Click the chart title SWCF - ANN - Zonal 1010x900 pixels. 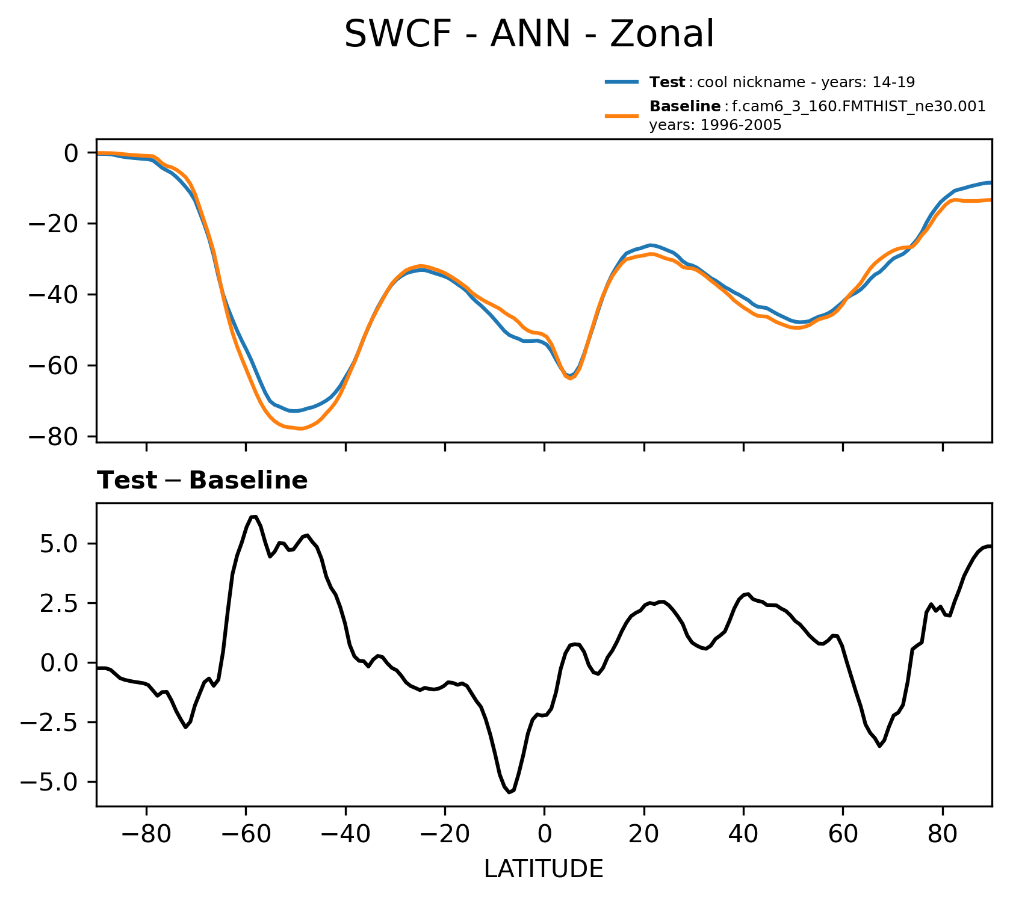pyautogui.click(x=529, y=34)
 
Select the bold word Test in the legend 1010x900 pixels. pyautogui.click(x=667, y=82)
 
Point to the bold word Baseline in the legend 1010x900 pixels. pyautogui.click(x=685, y=107)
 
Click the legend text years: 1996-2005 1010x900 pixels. pyautogui.click(x=715, y=125)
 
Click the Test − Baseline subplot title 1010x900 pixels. pyautogui.click(x=202, y=481)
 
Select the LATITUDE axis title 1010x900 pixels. pyautogui.click(x=544, y=869)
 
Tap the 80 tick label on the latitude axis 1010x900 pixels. pyautogui.click(x=943, y=834)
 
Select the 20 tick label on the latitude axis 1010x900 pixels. pyautogui.click(x=644, y=834)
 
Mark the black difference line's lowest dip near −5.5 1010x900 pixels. pyautogui.click(x=509, y=792)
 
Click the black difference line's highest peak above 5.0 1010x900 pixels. pyautogui.click(x=253, y=516)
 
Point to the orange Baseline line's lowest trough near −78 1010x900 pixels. pyautogui.click(x=300, y=429)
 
